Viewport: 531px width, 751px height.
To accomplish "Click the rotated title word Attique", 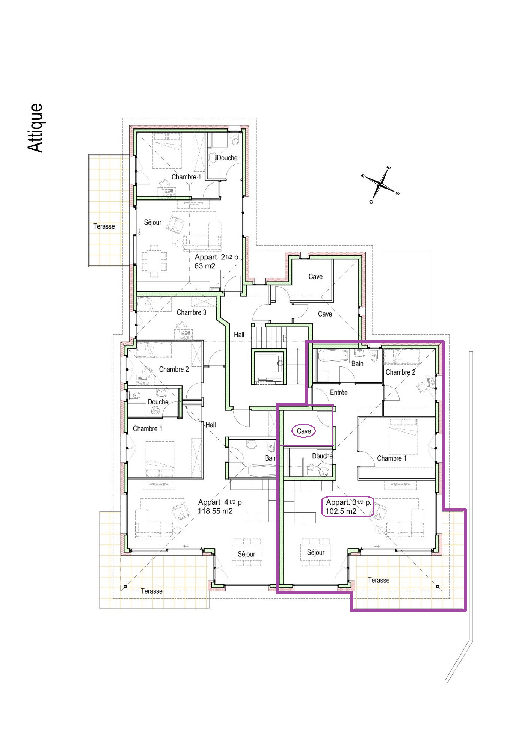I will click(x=35, y=128).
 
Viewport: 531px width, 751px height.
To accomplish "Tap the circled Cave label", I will click(x=304, y=431).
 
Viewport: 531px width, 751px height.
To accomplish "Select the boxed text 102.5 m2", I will click(x=341, y=511).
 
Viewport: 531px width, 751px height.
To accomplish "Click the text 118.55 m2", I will click(x=215, y=511).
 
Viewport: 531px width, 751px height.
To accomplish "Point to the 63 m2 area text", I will click(x=205, y=266).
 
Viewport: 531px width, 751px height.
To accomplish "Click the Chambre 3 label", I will click(x=191, y=312).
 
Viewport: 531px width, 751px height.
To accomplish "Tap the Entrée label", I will click(x=339, y=392).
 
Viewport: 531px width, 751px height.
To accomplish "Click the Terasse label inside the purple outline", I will click(x=379, y=580).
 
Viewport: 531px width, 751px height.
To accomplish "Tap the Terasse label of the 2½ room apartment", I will click(x=104, y=226).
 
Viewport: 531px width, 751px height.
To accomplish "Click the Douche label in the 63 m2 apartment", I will click(x=227, y=158).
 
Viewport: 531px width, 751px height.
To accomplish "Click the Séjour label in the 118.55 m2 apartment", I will click(x=246, y=554).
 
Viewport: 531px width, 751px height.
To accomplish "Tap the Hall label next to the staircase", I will click(x=239, y=335).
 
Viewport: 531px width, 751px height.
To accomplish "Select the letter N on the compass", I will click(x=363, y=175).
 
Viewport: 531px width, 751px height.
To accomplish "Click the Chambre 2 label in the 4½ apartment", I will click(x=174, y=369).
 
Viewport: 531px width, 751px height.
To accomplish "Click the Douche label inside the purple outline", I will click(x=322, y=456).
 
